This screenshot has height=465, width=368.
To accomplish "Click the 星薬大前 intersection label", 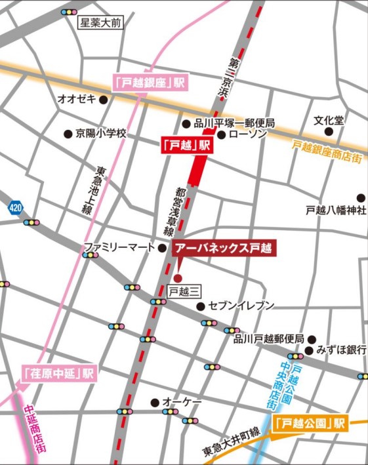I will (100, 24).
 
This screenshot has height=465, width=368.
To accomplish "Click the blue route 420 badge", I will (15, 207).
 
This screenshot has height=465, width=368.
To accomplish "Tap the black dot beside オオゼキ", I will (102, 99).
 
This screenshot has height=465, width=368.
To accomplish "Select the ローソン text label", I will (250, 134).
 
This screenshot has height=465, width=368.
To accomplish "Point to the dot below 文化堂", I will (329, 131).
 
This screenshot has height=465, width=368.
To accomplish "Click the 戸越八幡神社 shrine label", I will (335, 211).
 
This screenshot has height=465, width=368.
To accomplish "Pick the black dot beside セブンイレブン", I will (201, 306).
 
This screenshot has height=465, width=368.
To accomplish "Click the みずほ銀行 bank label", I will (340, 350).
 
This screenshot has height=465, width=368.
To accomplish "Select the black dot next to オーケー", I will (155, 402).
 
